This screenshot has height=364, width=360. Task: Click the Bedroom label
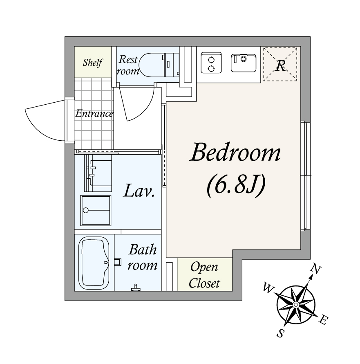pos(235,152)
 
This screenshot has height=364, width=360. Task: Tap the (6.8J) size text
pos(236,186)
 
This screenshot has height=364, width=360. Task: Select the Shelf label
pos(93,63)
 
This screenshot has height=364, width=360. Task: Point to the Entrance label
pos(94,114)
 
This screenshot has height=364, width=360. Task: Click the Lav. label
pos(139,191)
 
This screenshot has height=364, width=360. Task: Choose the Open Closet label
pos(204,275)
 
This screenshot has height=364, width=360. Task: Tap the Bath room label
pos(143,257)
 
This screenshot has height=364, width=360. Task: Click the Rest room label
pos(128,65)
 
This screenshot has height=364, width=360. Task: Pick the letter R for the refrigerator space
pos(280,65)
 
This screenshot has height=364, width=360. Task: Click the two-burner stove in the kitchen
pos(211,63)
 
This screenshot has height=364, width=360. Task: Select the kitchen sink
pos(244,63)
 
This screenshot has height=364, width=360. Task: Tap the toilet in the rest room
pos(153,65)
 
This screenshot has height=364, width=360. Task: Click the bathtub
pos(94,263)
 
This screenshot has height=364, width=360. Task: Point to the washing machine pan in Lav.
pos(96,210)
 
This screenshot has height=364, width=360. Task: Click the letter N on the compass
pos(316,269)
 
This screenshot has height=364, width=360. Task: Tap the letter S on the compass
pos(280,333)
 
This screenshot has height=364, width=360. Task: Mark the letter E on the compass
pos(323,320)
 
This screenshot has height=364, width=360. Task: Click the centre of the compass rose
pos(296,305)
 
